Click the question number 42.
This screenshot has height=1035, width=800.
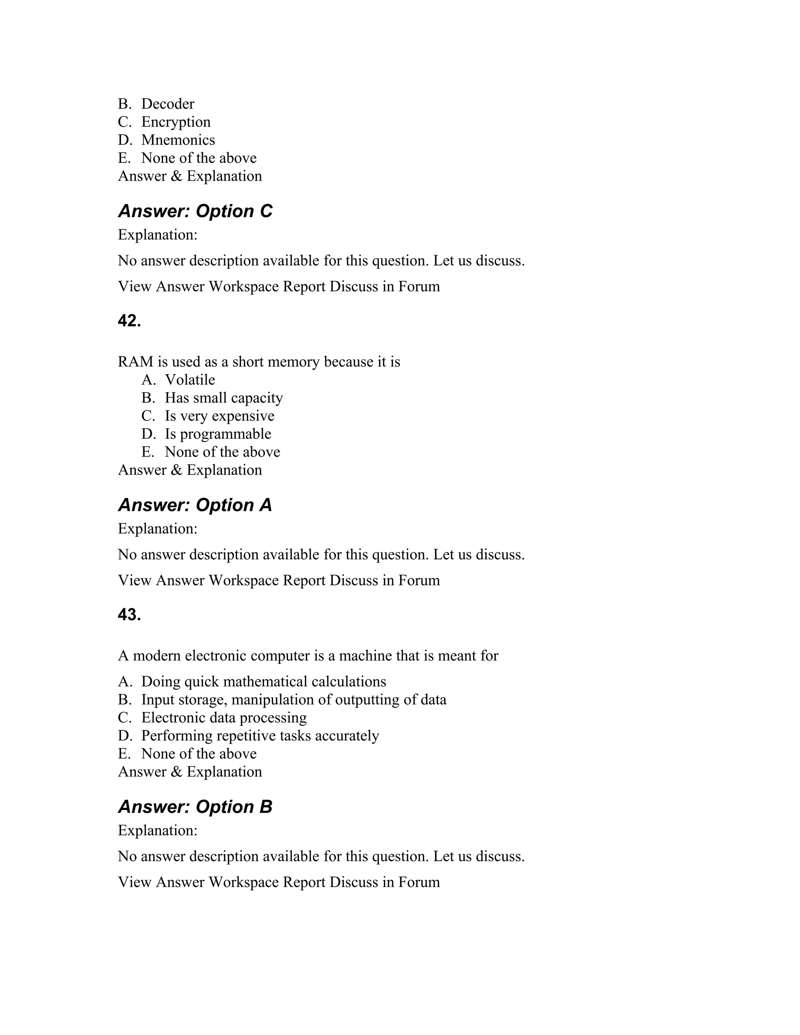pos(129,321)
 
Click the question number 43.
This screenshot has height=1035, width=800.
pos(129,615)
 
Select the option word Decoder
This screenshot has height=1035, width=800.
pos(168,104)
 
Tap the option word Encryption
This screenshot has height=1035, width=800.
pos(176,122)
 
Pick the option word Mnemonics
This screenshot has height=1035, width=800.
pos(178,140)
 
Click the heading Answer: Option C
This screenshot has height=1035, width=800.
pos(195,211)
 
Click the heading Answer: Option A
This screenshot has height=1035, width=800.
pos(195,505)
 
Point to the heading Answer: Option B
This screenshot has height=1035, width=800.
pos(195,807)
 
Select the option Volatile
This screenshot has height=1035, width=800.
pos(189,380)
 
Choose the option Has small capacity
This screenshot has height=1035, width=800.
pos(224,398)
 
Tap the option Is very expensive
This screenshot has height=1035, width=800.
pos(220,416)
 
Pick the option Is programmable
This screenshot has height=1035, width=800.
pos(218,434)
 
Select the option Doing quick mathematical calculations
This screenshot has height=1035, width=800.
pos(264,682)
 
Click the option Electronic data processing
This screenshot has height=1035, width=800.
pos(224,717)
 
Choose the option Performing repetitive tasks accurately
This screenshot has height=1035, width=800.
pos(260,735)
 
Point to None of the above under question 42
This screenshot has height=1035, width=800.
pos(222,451)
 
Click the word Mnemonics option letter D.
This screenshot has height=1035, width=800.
pos(125,140)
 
